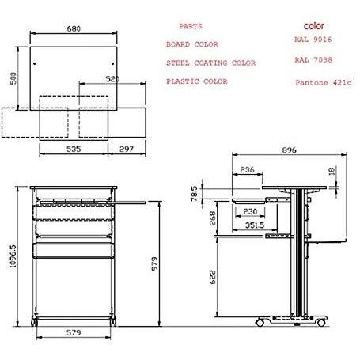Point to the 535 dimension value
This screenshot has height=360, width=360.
click(73, 148)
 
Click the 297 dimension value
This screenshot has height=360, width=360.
click(126, 148)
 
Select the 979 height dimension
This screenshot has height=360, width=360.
click(158, 263)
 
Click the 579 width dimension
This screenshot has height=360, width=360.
click(73, 333)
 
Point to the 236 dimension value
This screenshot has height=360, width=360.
click(247, 169)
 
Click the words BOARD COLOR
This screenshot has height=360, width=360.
click(192, 44)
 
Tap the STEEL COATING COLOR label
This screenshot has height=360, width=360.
click(211, 63)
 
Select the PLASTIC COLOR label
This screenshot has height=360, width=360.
click(197, 81)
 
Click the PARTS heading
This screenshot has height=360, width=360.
click(191, 27)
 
